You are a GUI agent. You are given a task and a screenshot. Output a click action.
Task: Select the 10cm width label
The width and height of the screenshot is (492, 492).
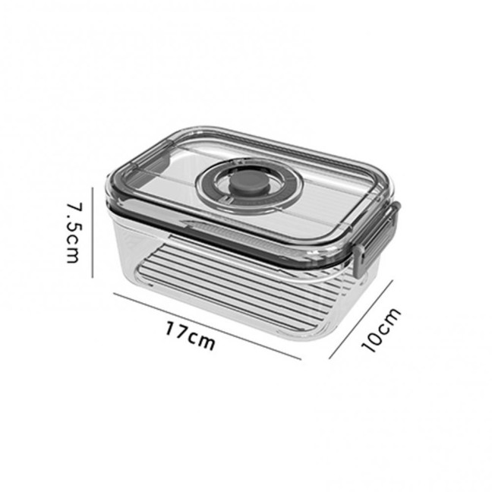(x=380, y=330)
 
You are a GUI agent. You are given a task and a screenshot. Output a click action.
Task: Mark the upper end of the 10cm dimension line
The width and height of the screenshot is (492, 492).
(x=393, y=280)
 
